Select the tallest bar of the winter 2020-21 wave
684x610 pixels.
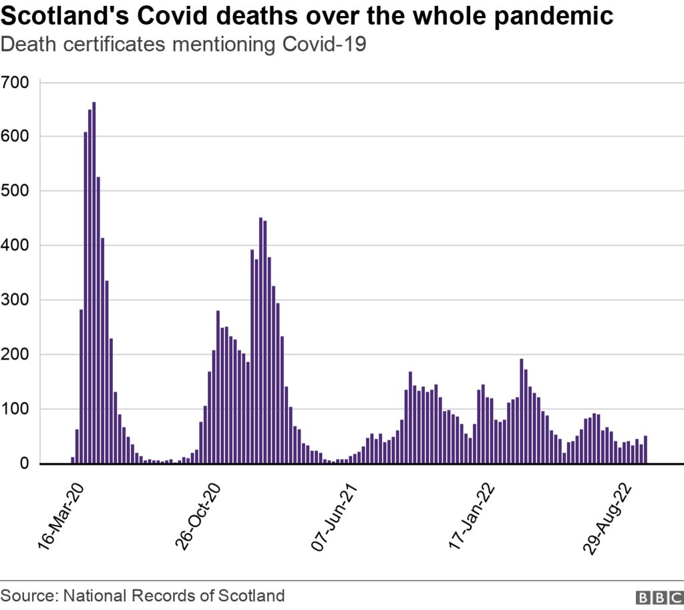point(261,340)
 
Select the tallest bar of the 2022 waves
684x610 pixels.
point(521,411)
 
